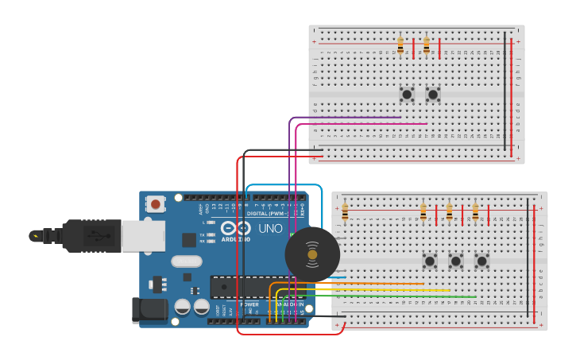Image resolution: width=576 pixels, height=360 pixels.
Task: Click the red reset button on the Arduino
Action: (156, 204)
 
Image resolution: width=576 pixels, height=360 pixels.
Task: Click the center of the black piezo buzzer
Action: (312, 254)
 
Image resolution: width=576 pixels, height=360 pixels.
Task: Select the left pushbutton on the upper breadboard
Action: (407, 95)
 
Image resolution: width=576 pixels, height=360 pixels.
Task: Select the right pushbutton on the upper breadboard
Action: (433, 95)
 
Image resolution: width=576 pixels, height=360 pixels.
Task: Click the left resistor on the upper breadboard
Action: (400, 45)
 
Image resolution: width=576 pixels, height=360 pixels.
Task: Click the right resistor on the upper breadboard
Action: (427, 45)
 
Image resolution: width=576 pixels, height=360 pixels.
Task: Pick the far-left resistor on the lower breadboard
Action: (345, 212)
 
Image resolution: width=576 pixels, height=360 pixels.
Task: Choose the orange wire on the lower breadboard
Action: (365, 283)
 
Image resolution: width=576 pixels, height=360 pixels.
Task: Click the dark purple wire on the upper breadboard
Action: (350, 118)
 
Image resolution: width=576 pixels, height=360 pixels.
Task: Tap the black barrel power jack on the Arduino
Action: (149, 310)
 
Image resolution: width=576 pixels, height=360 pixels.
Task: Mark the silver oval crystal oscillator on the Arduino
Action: (186, 261)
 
